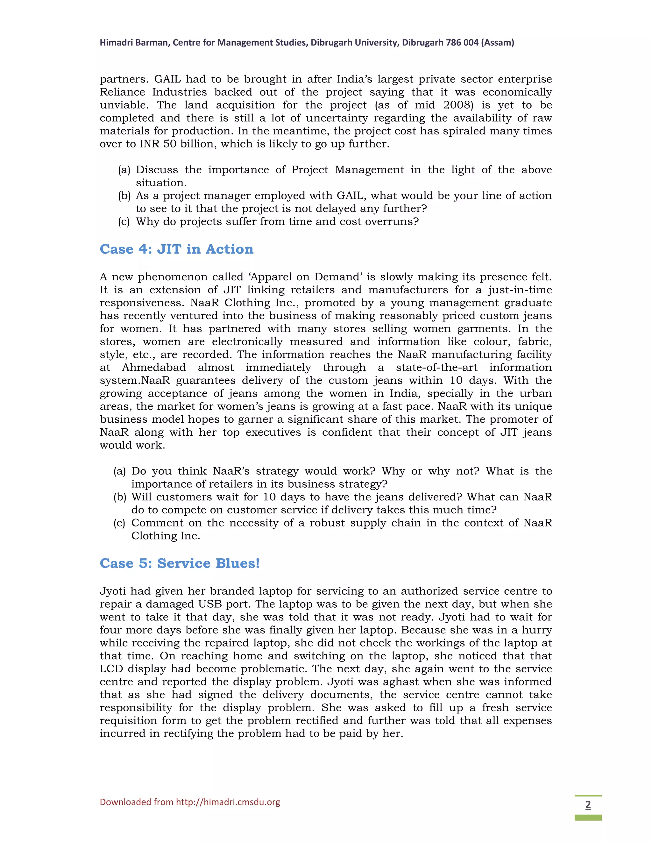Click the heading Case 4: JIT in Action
point(176,249)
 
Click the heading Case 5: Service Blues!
point(180,563)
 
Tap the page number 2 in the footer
point(588,805)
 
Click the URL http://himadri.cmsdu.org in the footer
point(228,802)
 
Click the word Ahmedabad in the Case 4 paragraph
point(154,368)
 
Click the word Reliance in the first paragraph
point(122,92)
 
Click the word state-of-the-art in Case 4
point(436,368)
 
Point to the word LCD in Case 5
point(111,669)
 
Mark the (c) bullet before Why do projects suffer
point(124,222)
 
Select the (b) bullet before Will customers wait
point(120,497)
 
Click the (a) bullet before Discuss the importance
point(124,170)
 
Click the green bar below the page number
point(588,818)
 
